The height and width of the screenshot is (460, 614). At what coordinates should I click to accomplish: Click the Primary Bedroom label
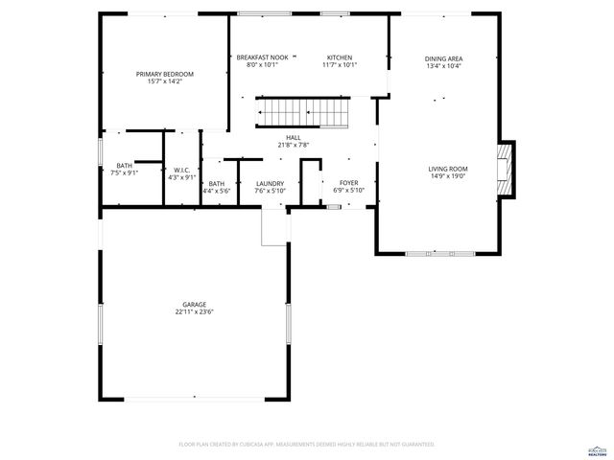(164, 74)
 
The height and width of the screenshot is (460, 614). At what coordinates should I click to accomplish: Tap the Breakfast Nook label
(263, 57)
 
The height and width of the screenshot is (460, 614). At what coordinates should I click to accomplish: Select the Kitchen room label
(340, 57)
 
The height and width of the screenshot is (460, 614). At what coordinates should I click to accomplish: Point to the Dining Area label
(443, 58)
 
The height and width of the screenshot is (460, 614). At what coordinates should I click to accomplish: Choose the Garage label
(194, 304)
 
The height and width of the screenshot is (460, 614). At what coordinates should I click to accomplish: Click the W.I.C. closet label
(181, 170)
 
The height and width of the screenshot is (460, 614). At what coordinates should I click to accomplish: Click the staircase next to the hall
(304, 113)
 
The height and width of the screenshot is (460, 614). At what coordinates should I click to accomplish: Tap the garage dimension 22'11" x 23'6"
(194, 311)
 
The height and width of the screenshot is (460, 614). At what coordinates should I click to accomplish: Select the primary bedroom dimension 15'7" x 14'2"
(164, 81)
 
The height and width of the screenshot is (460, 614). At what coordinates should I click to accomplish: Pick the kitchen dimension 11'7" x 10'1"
(340, 65)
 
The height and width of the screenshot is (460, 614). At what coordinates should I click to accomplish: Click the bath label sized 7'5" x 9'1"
(125, 165)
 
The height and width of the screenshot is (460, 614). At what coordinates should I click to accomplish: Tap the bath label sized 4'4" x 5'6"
(217, 183)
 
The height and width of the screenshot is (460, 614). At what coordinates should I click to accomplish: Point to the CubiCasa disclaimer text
(307, 445)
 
